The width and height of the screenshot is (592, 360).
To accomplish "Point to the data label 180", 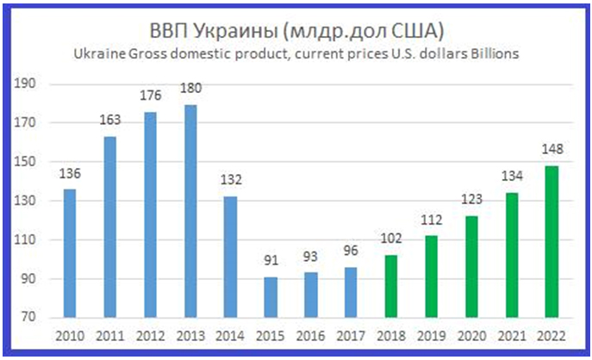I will coord(191,89).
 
